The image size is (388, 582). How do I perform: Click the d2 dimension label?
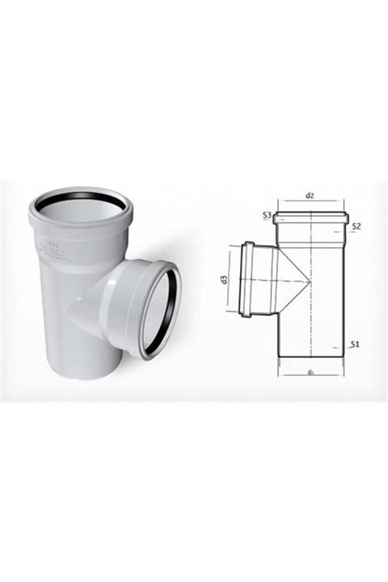click(x=310, y=196)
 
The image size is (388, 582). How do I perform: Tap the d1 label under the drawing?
click(x=310, y=373)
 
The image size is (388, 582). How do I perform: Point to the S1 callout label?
click(x=355, y=344)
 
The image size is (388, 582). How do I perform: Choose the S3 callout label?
click(x=266, y=214)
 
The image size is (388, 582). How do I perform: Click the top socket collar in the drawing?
click(x=310, y=217)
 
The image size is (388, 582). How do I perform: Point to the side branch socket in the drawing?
click(x=248, y=280)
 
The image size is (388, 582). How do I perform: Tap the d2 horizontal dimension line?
click(x=310, y=203)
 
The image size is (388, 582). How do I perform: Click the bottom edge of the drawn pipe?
click(x=310, y=356)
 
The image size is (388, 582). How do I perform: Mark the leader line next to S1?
click(x=347, y=348)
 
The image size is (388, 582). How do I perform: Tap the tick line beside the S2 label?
click(x=347, y=230)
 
